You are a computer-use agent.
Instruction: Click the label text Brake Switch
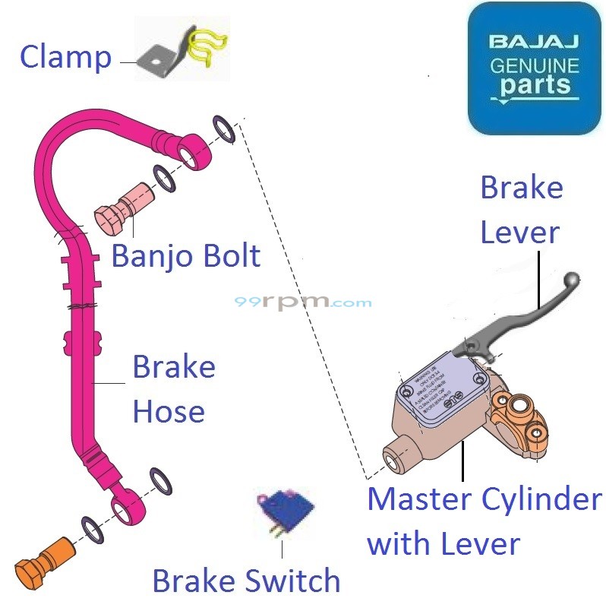point(246,581)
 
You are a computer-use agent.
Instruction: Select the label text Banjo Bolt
point(186,255)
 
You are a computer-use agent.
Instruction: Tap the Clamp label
point(65,57)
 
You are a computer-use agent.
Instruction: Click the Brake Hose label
point(174,389)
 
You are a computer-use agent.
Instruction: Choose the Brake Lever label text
point(522,211)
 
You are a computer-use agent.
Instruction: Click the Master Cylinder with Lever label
point(484,521)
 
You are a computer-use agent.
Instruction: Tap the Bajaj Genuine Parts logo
point(534,68)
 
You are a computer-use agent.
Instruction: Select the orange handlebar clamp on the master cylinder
point(520,426)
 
